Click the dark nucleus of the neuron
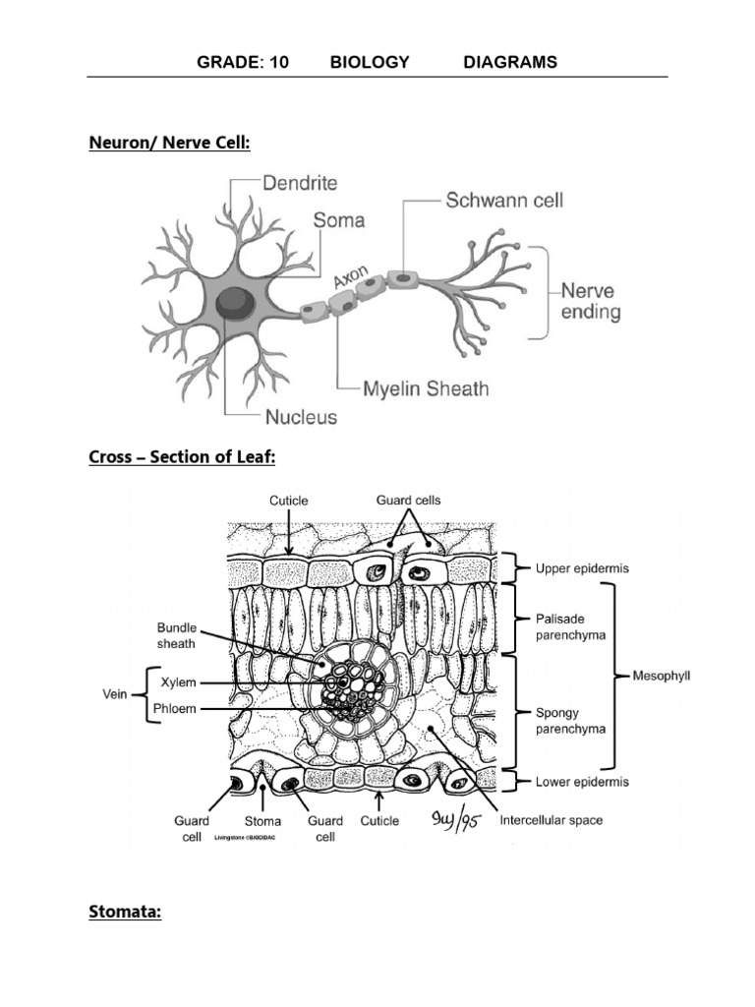[234, 301]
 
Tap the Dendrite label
[300, 183]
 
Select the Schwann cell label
[504, 200]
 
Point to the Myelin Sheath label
[425, 388]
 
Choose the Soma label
[338, 220]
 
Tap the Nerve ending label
[590, 302]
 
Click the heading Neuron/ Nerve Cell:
[170, 144]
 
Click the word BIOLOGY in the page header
[370, 62]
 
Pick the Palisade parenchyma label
[571, 626]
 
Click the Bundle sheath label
[176, 635]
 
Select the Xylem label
[179, 681]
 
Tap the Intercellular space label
[552, 819]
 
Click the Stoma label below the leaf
[262, 820]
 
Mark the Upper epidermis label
[582, 568]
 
